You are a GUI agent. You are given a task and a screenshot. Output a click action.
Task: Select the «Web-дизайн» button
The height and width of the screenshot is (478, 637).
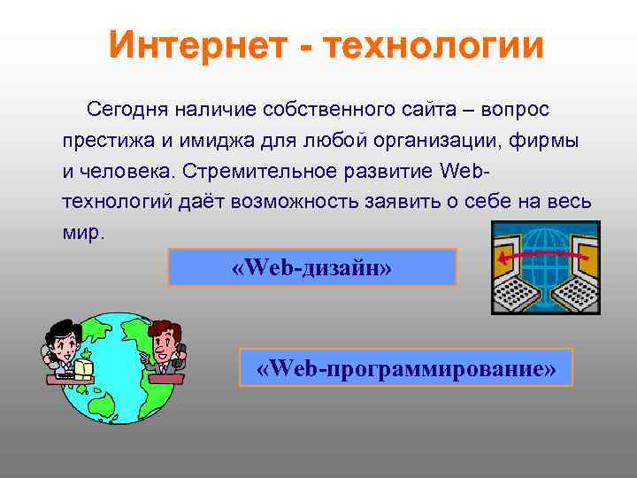[311, 266]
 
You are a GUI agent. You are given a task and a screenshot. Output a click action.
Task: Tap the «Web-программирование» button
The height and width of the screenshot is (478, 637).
[406, 367]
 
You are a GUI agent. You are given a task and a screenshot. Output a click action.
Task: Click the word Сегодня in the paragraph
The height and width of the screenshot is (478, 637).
[127, 110]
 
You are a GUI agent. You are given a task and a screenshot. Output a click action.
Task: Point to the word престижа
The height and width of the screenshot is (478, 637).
[102, 140]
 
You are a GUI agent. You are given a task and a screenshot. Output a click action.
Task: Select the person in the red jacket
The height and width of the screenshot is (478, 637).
[166, 345]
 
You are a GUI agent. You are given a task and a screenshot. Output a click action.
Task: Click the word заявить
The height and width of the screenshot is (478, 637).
[401, 201]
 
